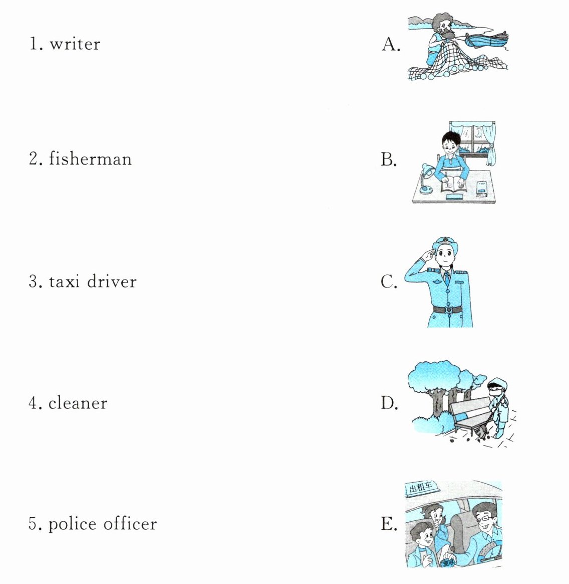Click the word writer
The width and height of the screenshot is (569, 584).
point(75,44)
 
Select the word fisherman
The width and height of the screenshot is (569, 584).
point(90,159)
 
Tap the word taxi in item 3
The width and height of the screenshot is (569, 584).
point(64,281)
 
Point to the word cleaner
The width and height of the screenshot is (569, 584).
point(78,403)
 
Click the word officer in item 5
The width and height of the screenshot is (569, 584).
point(130,524)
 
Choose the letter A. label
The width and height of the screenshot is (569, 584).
point(391,44)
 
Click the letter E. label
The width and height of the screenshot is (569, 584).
point(389,524)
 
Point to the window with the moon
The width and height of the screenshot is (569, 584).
point(472,138)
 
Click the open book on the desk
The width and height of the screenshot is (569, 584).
point(453,185)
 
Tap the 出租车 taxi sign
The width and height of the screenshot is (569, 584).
point(421,487)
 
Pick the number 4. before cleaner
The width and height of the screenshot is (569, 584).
point(36,403)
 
